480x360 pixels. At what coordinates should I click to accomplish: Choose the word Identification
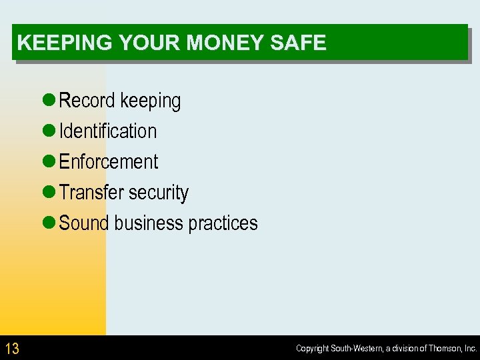tap(108, 131)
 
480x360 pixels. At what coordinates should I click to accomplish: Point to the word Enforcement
tap(109, 162)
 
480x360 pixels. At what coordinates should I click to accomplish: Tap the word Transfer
tap(91, 193)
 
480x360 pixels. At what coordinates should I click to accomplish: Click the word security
tap(159, 193)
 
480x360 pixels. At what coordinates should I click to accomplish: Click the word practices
tap(223, 223)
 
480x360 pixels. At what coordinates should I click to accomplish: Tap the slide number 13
tap(12, 348)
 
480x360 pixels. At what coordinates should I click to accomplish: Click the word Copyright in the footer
tap(313, 349)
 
